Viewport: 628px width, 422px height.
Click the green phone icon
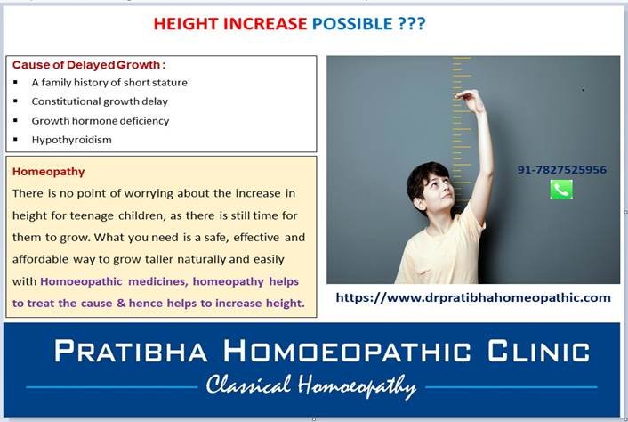pos(561,190)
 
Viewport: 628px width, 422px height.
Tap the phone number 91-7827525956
pos(561,169)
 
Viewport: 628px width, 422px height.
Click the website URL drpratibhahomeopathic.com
pos(473,297)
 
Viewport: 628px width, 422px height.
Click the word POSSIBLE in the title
pos(352,24)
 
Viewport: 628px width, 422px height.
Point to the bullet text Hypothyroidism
pos(72,140)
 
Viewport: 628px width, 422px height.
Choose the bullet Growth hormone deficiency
pos(101,120)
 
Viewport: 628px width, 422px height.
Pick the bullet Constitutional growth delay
pos(100,101)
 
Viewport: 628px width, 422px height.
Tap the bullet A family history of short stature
pos(109,83)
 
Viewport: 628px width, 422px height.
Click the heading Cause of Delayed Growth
pos(89,65)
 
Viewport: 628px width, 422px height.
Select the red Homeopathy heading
pos(48,172)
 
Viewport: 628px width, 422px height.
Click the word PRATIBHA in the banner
pos(131,351)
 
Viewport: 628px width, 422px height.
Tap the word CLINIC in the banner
pos(539,351)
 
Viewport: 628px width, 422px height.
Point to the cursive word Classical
pos(248,385)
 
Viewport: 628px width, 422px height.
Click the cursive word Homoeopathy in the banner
pos(358,386)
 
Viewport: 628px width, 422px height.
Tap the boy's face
pos(439,189)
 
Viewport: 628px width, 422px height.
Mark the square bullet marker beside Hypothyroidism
pos(16,140)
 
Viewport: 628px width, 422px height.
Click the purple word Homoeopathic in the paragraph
pos(81,281)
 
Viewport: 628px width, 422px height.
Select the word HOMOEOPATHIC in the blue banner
pos(347,351)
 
